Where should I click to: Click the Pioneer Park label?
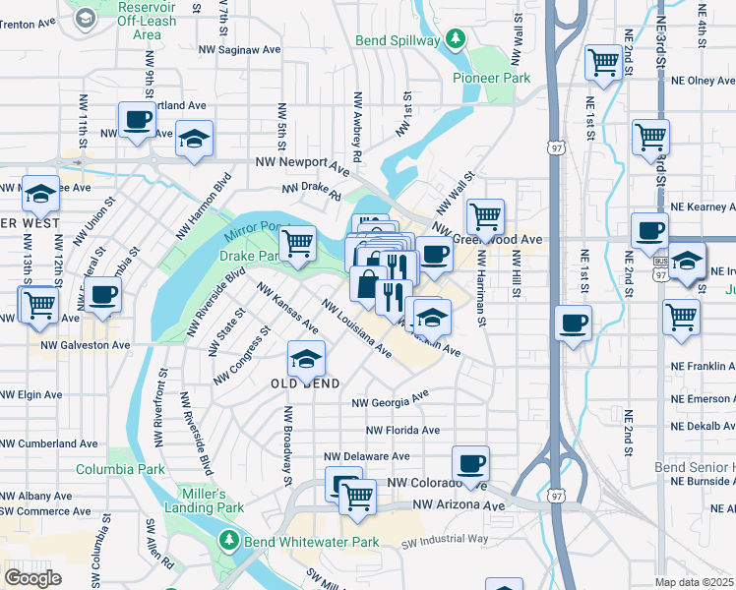click(491, 78)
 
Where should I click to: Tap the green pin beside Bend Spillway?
click(455, 39)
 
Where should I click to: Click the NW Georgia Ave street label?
click(391, 399)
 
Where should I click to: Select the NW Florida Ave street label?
click(402, 430)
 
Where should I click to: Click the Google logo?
click(32, 577)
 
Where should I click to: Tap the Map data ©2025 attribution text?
click(695, 582)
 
